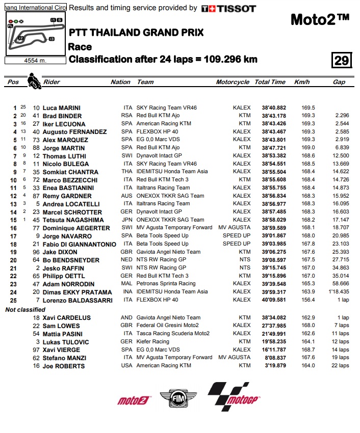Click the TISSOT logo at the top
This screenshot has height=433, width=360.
(229, 8)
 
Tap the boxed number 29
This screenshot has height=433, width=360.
(341, 61)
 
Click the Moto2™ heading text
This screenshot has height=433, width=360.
(320, 20)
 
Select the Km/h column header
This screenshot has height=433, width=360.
(302, 82)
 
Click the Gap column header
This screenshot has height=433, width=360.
(339, 82)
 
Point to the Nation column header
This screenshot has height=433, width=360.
(120, 82)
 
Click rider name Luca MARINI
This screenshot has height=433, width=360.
(62, 108)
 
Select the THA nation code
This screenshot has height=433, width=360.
(127, 172)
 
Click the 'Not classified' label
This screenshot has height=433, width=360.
(25, 309)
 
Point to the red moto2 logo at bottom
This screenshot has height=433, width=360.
(133, 400)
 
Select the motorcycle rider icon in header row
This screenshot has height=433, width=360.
(34, 81)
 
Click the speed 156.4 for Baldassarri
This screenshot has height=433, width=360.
(308, 300)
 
